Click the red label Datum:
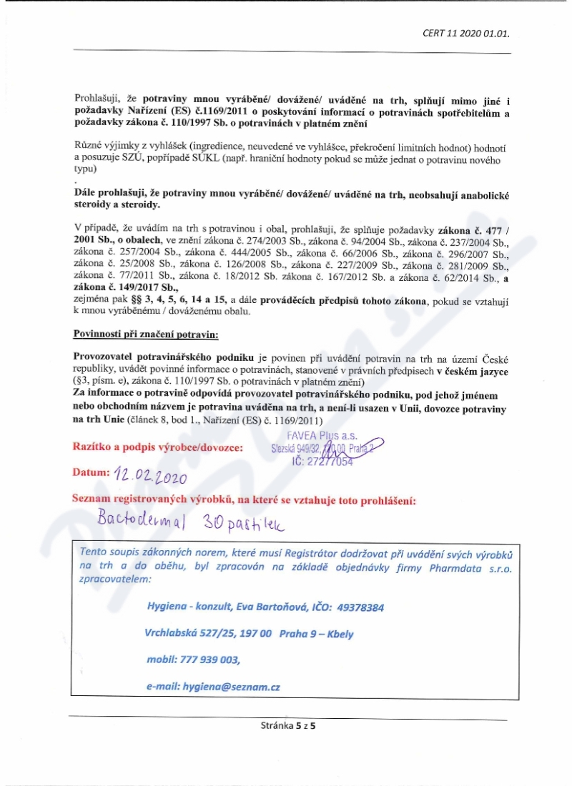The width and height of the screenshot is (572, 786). (x=90, y=473)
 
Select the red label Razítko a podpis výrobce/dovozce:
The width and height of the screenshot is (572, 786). (x=158, y=447)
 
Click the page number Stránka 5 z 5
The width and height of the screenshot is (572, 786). (x=288, y=725)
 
